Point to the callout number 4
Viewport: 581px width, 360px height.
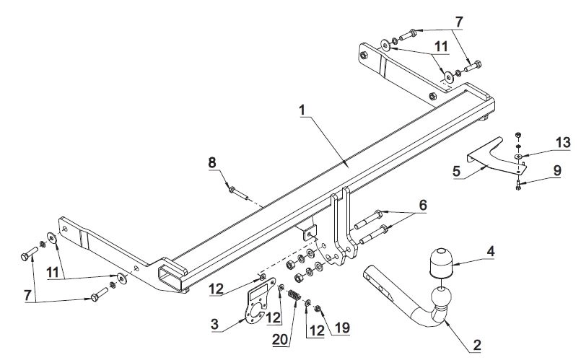pos(490,252)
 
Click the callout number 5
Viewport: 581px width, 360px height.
pos(455,172)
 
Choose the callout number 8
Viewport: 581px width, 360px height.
pos(212,164)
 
